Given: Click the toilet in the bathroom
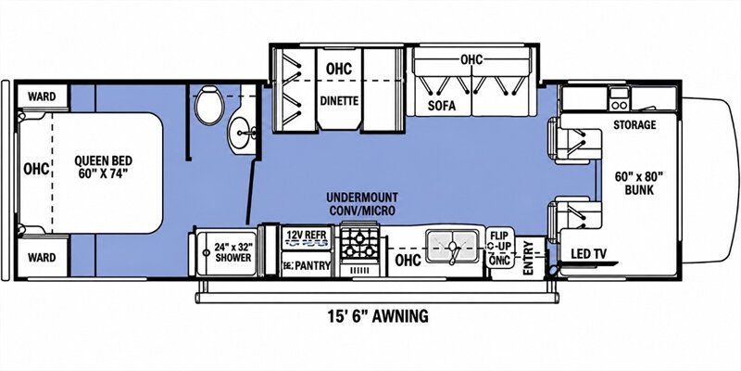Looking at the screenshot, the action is (209, 106).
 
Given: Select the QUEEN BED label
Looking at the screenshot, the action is (103, 167).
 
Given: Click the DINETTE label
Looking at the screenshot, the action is (339, 100).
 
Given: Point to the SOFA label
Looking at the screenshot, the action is (442, 106).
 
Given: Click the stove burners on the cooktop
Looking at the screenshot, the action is (359, 244).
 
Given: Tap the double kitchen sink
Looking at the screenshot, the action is (452, 246).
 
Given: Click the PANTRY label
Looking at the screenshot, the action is (311, 265).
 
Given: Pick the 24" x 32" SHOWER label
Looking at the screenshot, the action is (233, 252).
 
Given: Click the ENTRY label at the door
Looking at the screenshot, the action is (528, 258).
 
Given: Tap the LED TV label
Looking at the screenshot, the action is (587, 254).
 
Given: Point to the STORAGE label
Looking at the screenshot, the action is (634, 125).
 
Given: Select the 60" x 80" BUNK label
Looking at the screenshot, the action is (639, 183).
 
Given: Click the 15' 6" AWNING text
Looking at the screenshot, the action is (378, 315).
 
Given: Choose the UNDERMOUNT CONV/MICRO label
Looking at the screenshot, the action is (363, 203).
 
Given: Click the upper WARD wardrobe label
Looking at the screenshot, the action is (42, 96).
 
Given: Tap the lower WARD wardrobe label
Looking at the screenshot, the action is (42, 258).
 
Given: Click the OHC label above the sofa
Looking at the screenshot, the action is (471, 59).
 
